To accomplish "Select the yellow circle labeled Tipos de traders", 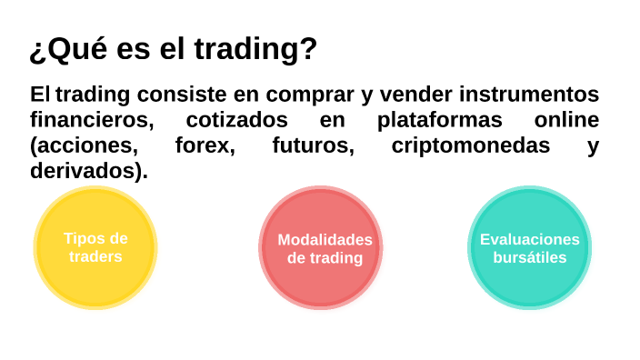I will tap(95, 247).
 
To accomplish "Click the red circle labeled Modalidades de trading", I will tap(321, 247).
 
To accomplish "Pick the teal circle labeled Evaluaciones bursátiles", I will tap(529, 247).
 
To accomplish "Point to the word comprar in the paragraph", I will tap(315, 95).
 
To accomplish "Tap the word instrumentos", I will tap(529, 95).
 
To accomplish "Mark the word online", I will tap(566, 120).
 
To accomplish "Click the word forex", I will tap(205, 145).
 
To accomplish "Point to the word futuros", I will tap(313, 145).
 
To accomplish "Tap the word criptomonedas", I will tap(470, 145).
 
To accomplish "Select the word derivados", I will tap(85, 171).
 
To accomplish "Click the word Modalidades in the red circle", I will tap(325, 240).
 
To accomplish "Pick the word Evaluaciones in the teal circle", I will tap(529, 240).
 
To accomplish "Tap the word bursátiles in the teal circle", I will tap(529, 257).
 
